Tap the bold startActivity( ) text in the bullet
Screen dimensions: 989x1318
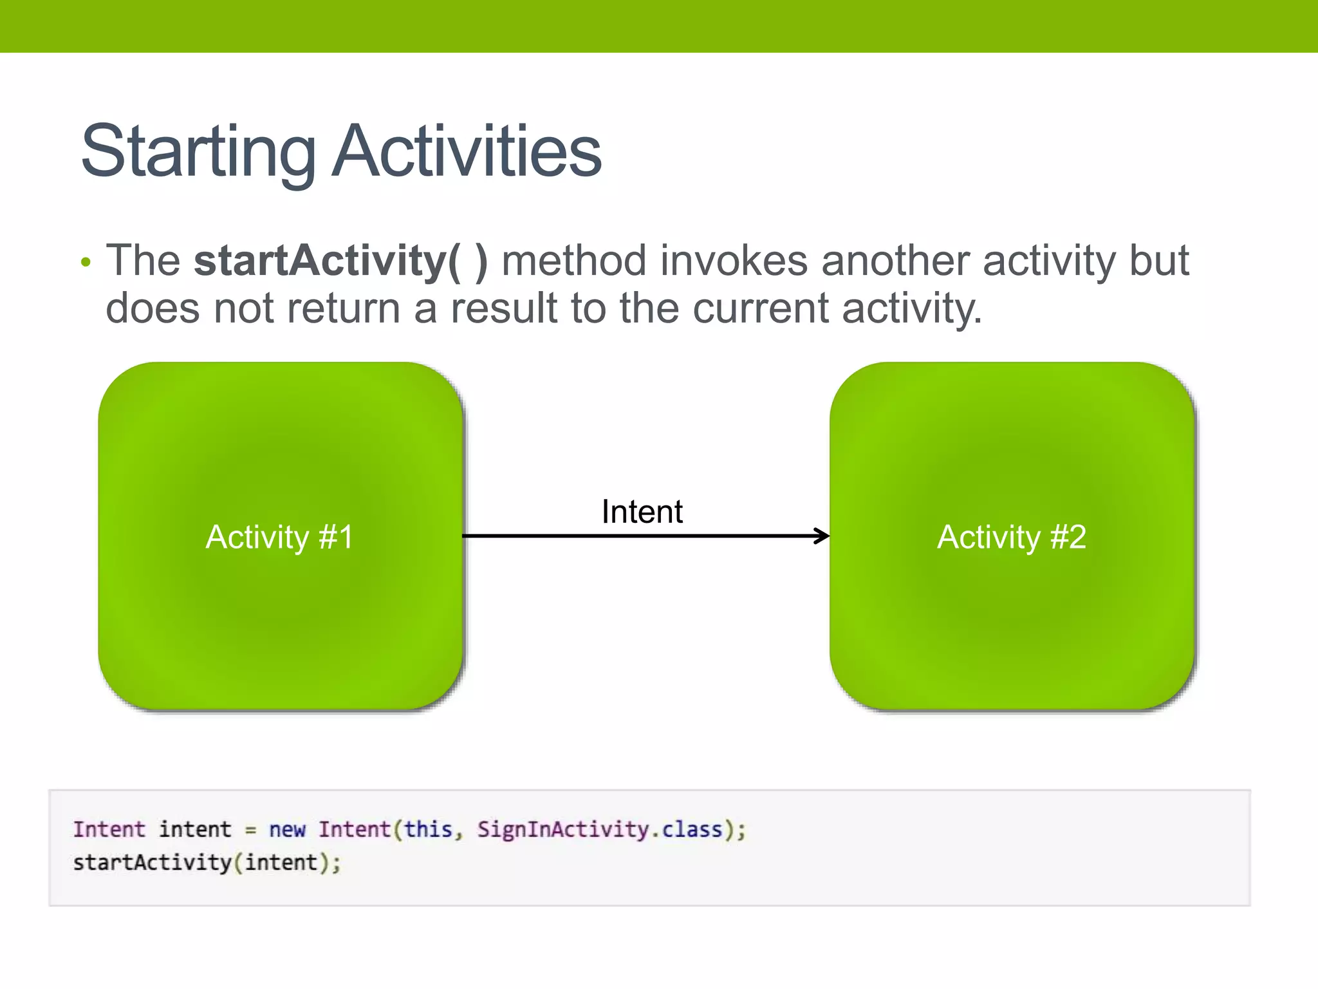[x=340, y=261]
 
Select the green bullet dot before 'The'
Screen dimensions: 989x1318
[x=86, y=263]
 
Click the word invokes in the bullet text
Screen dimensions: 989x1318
[x=734, y=261]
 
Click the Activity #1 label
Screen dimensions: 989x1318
[x=279, y=536]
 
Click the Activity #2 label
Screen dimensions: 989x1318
[x=1011, y=536]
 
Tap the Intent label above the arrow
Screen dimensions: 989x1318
[x=642, y=512]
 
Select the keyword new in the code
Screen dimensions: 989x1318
[x=287, y=829]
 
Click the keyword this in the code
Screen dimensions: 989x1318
[x=428, y=829]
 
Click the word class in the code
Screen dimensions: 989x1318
[x=692, y=829]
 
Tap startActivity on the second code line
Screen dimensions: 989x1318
[x=152, y=863]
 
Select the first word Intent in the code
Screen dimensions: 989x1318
[x=109, y=829]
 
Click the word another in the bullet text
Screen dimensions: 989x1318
[x=895, y=261]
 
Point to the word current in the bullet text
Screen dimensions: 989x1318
[x=760, y=308]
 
